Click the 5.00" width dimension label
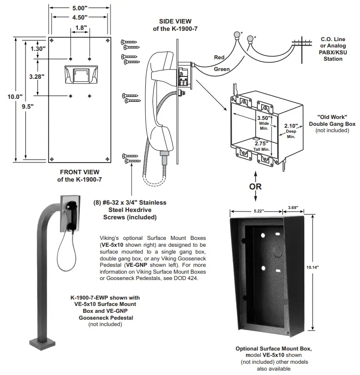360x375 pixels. pyautogui.click(x=80, y=8)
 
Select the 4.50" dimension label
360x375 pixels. pyautogui.click(x=80, y=18)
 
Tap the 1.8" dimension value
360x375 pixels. pyautogui.click(x=80, y=28)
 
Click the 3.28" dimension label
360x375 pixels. pyautogui.click(x=37, y=76)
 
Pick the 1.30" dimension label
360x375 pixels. pyautogui.click(x=38, y=49)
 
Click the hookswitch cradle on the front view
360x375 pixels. pyautogui.click(x=80, y=75)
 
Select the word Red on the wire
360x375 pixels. pyautogui.click(x=219, y=57)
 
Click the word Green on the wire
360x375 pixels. pyautogui.click(x=222, y=70)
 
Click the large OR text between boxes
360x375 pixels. pyautogui.click(x=255, y=186)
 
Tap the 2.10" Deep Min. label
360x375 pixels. pyautogui.click(x=292, y=129)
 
